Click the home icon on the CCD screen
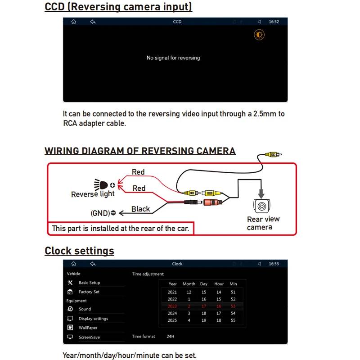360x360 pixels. pyautogui.click(x=73, y=22)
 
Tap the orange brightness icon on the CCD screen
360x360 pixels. pyautogui.click(x=259, y=35)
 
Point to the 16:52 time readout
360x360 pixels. pyautogui.click(x=274, y=22)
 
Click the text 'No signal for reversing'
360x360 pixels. pyautogui.click(x=173, y=58)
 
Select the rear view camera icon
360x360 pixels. pyautogui.click(x=261, y=205)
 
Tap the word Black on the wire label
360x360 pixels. pyautogui.click(x=140, y=209)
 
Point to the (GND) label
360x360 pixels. pyautogui.click(x=100, y=212)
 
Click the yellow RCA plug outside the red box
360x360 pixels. pyautogui.click(x=272, y=154)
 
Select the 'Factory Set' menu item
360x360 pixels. pyautogui.click(x=89, y=292)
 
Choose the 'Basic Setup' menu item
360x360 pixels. pyautogui.click(x=89, y=283)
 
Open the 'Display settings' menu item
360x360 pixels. pyautogui.click(x=93, y=319)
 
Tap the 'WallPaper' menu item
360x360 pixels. pyautogui.click(x=88, y=328)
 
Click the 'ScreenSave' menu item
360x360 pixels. pyautogui.click(x=89, y=337)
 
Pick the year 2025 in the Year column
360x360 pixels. pyautogui.click(x=172, y=320)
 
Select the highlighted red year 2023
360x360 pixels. pyautogui.click(x=172, y=306)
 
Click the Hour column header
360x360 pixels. pyautogui.click(x=219, y=284)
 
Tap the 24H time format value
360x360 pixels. pyautogui.click(x=170, y=336)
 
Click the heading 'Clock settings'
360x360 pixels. pyautogui.click(x=79, y=251)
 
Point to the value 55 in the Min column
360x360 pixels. pyautogui.click(x=233, y=320)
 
